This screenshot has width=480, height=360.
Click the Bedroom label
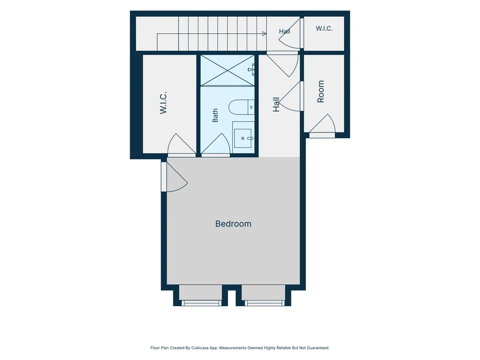233,224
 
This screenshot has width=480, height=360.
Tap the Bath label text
215,115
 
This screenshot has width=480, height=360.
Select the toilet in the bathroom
242,107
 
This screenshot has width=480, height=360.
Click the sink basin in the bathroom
243,138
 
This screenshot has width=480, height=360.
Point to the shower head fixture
251,70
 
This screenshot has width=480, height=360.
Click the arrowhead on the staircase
264,34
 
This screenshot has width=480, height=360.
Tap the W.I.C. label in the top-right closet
324,29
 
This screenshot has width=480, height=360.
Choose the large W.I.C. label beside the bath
163,103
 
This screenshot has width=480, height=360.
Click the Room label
321,91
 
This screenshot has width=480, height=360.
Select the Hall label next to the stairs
284,31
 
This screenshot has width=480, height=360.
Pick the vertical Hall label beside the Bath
276,104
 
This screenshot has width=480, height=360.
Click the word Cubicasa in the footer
200,348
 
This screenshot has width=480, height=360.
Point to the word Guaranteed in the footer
318,348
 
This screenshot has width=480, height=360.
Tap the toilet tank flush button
251,107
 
